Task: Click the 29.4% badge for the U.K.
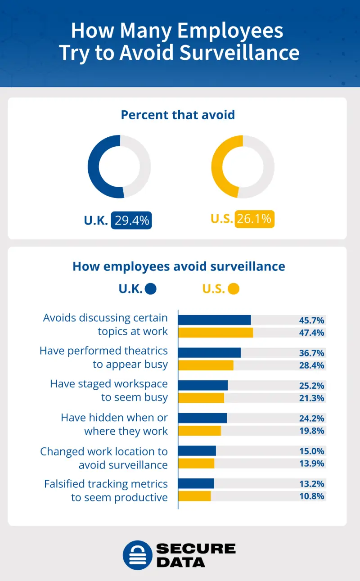click(131, 220)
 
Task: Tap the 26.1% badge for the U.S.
click(255, 219)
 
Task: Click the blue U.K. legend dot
click(151, 288)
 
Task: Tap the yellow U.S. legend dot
click(234, 288)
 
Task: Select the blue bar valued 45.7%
click(214, 320)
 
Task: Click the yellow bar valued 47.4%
click(216, 333)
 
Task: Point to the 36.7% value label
click(311, 353)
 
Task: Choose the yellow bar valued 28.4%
click(206, 365)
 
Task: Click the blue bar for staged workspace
click(203, 386)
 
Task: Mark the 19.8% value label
click(311, 431)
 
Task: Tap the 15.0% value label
click(311, 451)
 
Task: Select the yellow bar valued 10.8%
click(194, 496)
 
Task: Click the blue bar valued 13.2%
click(196, 484)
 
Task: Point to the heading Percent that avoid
click(178, 115)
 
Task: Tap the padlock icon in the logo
click(137, 555)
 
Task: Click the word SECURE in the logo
click(196, 549)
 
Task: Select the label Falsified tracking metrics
click(106, 484)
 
